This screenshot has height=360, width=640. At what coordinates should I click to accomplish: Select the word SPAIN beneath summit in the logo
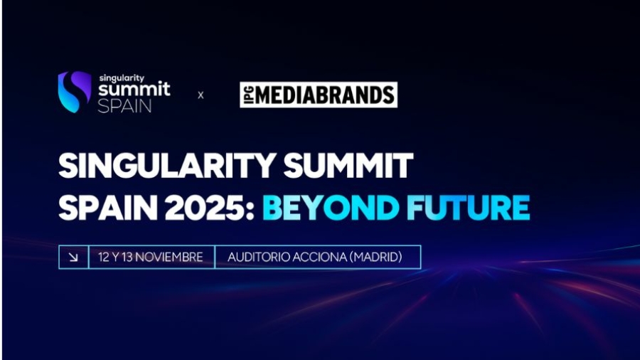125,105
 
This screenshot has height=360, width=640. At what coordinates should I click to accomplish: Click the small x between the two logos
201,95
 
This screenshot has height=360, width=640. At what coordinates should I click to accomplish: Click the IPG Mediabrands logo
318,95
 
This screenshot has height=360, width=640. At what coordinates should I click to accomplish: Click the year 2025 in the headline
206,208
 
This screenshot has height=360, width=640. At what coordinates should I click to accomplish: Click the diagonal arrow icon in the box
73,257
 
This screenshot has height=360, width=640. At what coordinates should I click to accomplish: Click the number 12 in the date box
104,257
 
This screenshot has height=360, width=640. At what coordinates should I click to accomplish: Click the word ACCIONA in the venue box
319,257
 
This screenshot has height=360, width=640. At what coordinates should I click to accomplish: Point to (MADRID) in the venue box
376,257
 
